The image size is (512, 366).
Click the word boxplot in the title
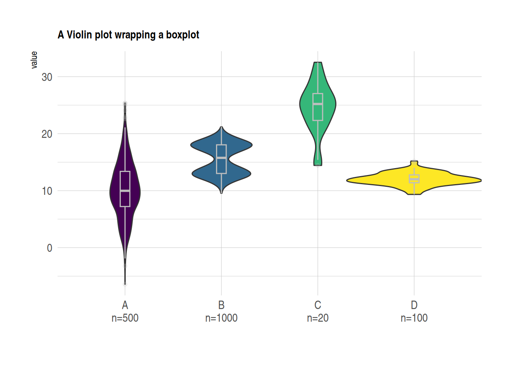coord(182,35)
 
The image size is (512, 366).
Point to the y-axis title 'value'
coord(34,60)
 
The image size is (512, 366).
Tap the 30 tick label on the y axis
coord(47,77)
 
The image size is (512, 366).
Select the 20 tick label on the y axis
coord(47,134)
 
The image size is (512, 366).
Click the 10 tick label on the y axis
coord(47,191)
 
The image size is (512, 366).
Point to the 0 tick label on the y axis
coord(50,248)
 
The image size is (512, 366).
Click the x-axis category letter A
coord(125,305)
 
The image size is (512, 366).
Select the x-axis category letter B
coord(221,305)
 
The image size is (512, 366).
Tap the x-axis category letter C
coord(318,305)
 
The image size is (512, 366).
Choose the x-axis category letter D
coord(414,305)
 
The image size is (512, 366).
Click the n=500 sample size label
coord(125,318)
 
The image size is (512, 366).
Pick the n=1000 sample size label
coord(221,318)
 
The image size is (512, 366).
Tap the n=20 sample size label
coord(318,318)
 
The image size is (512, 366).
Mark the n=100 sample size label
coord(414,318)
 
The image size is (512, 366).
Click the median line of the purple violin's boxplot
coord(125,191)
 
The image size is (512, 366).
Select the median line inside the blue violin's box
coord(221,157)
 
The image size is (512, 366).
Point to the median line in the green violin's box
coord(318,104)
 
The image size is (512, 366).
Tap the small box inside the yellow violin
coord(414,179)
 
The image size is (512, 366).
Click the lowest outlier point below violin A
coord(125,284)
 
